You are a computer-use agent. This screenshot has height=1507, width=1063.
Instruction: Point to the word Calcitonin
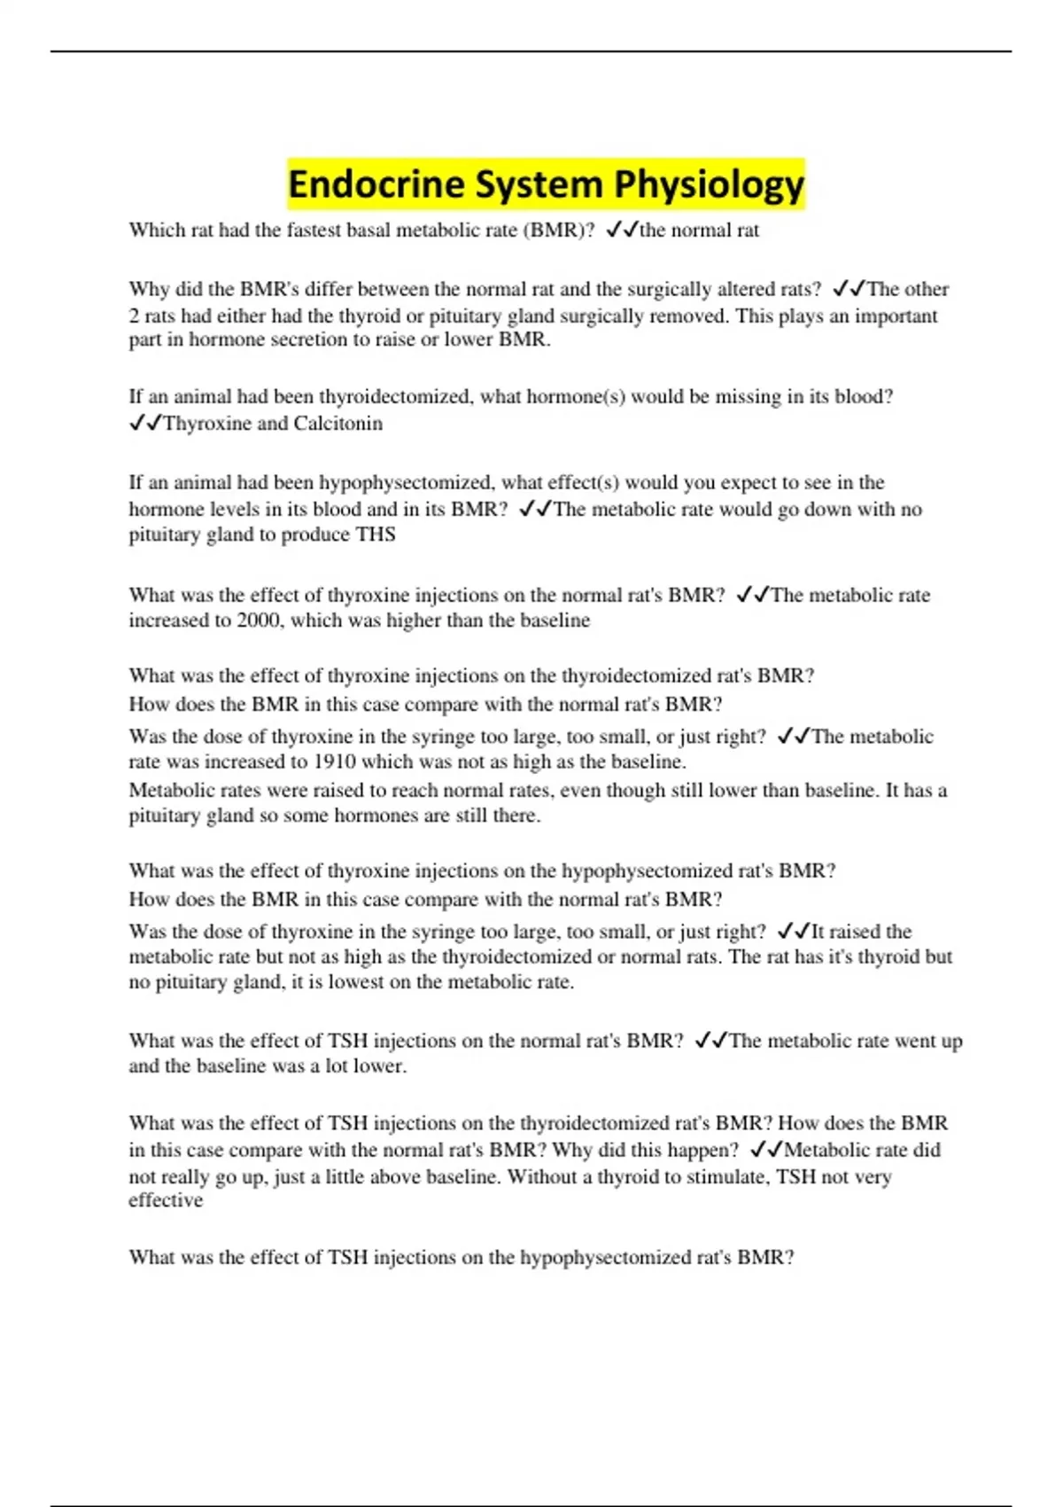coord(338,424)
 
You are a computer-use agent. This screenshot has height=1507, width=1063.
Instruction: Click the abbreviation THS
coord(376,535)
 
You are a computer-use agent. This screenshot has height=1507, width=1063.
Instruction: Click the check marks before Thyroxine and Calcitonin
coord(145,424)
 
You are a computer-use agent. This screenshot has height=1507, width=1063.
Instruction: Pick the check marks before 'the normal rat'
coord(622,230)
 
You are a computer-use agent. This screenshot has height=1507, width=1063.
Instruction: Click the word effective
coord(166,1200)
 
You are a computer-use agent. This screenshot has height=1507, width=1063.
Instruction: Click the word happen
coord(697,1151)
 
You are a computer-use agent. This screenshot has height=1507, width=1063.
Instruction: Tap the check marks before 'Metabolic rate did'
coord(766,1151)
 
